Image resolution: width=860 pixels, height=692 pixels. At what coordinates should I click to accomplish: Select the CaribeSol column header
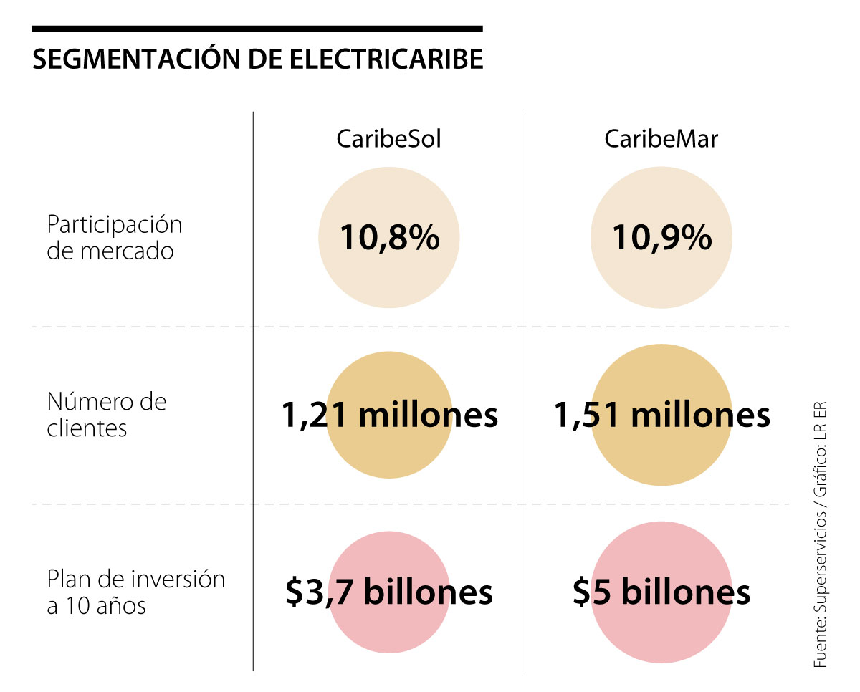(x=388, y=138)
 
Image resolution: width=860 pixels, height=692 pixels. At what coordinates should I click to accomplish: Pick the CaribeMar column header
(x=661, y=138)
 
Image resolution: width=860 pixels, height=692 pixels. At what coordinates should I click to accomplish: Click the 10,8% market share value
(x=389, y=237)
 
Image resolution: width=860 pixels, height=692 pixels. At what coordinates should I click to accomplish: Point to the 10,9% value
(x=661, y=237)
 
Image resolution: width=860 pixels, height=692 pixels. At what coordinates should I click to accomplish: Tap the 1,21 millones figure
(x=389, y=415)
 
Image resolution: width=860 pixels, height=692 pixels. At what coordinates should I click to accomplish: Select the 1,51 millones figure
(x=661, y=415)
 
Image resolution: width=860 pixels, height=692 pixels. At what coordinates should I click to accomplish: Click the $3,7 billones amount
(x=389, y=592)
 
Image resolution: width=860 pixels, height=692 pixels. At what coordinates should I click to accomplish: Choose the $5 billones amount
(x=661, y=592)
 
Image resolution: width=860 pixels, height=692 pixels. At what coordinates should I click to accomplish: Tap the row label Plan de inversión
(x=136, y=579)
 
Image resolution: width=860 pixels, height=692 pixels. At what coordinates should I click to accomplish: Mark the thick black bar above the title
(x=257, y=29)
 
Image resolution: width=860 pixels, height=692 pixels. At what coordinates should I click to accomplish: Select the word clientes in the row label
(x=87, y=428)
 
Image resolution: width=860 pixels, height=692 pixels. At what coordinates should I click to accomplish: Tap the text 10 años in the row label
(x=104, y=606)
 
